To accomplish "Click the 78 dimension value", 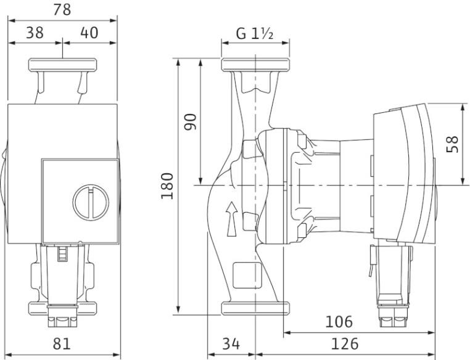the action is point(62,9).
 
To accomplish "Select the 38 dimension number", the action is point(35,32).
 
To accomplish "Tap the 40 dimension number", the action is point(89,32).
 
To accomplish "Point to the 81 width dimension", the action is point(62,343).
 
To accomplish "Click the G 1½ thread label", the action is point(255,33).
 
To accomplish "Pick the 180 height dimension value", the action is point(167,186).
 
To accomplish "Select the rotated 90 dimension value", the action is point(191,121).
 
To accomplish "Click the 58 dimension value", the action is point(452,144).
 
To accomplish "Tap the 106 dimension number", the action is point(339,322).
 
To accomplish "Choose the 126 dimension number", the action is point(345,343).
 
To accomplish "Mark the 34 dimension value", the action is point(231,343).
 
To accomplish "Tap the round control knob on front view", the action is point(91,203).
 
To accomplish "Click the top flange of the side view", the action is point(255,65).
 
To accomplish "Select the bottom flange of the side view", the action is point(255,308).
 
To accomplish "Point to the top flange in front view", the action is point(63,65).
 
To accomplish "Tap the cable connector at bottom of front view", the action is point(63,316).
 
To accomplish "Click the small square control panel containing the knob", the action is point(80,201).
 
